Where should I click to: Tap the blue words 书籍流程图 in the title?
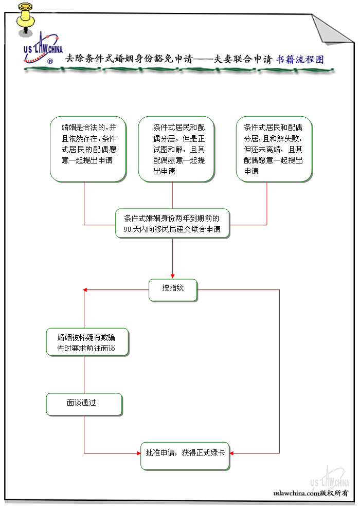point(300,60)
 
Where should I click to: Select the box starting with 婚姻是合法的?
point(88,149)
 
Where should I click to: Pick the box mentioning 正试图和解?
point(176,149)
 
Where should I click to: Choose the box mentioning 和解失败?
point(274,149)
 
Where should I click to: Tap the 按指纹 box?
point(173,289)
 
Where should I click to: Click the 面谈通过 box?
point(84,404)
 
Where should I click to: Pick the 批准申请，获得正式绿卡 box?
point(185,455)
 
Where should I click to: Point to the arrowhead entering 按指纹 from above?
point(172,276)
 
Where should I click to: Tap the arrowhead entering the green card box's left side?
point(138,453)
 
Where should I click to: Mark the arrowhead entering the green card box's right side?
point(232,453)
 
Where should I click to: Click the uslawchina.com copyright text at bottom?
point(311,493)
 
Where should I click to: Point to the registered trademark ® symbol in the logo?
point(50,61)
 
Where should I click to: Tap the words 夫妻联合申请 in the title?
point(242,60)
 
